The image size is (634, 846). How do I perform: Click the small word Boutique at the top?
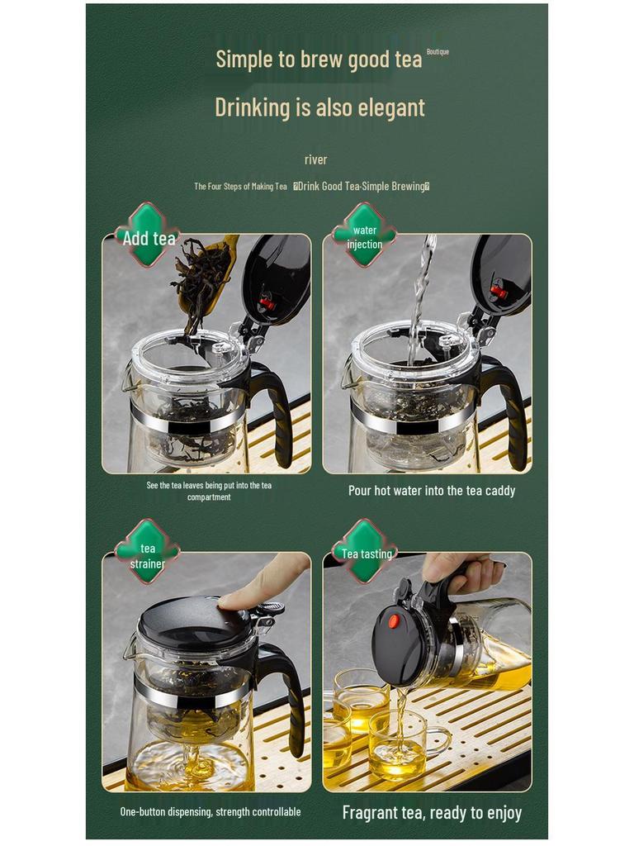pyautogui.click(x=438, y=52)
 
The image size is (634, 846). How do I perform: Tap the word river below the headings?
pyautogui.click(x=315, y=159)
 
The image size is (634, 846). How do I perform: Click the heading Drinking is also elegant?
pyautogui.click(x=319, y=107)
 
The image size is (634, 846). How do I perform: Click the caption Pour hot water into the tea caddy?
pyautogui.click(x=431, y=491)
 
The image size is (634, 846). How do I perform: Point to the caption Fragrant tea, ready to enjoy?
pyautogui.click(x=432, y=812)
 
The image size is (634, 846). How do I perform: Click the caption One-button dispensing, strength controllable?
pyautogui.click(x=211, y=812)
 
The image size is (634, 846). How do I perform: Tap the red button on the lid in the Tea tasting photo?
pyautogui.click(x=394, y=620)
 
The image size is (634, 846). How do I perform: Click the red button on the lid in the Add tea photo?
pyautogui.click(x=267, y=303)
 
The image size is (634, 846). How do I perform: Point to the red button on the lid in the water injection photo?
pyautogui.click(x=498, y=291)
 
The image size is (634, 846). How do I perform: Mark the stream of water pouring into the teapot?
pyautogui.click(x=420, y=297)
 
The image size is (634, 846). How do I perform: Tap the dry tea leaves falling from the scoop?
pyautogui.click(x=198, y=281)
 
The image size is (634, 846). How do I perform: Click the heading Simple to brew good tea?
pyautogui.click(x=319, y=59)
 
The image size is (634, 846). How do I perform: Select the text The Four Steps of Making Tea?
pyautogui.click(x=240, y=187)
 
